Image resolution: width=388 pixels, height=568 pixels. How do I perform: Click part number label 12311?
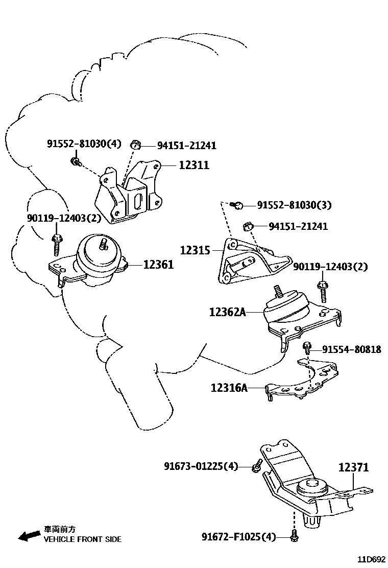[x=194, y=165]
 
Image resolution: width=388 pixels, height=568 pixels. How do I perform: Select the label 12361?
[x=158, y=265]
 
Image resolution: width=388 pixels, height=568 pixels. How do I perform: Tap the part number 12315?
[x=195, y=251]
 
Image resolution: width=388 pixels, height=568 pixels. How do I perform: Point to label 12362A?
[x=227, y=312]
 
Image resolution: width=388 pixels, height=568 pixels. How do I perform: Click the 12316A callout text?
[x=229, y=388]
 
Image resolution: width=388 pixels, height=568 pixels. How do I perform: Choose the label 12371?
[x=353, y=467]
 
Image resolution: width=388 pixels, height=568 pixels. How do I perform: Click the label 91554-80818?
[x=351, y=349]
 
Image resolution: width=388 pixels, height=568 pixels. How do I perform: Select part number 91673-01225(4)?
[x=201, y=466]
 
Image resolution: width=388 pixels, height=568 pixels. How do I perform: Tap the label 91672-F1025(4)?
[x=238, y=537]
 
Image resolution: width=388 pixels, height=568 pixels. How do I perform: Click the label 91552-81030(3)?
[x=294, y=205]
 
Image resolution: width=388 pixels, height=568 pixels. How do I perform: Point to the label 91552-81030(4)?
[x=84, y=144]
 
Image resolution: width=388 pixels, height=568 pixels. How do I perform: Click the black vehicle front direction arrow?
[x=29, y=535]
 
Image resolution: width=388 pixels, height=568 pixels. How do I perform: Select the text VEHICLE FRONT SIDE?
[x=82, y=539]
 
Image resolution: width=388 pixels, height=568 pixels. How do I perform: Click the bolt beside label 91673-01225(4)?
[x=257, y=466]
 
